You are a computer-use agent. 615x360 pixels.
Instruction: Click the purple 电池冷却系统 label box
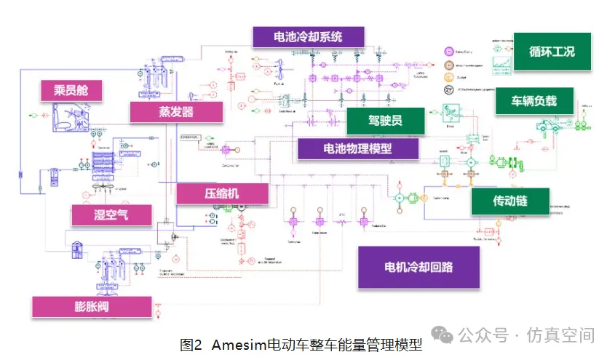pyautogui.click(x=307, y=37)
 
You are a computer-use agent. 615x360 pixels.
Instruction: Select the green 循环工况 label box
pyautogui.click(x=552, y=52)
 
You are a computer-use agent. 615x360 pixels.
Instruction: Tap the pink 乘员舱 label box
pyautogui.click(x=71, y=91)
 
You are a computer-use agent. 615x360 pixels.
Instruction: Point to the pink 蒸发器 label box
pyautogui.click(x=176, y=112)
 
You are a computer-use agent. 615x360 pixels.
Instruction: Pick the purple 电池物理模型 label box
pyautogui.click(x=357, y=148)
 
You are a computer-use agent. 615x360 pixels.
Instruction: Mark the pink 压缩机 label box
pyautogui.click(x=222, y=193)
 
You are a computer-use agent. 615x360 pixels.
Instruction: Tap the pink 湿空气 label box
pyautogui.click(x=111, y=215)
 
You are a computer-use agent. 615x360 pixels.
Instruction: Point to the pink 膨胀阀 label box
pyautogui.click(x=91, y=306)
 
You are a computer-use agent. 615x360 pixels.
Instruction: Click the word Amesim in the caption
pyautogui.click(x=239, y=345)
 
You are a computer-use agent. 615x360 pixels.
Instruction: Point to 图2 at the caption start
pyautogui.click(x=191, y=345)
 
